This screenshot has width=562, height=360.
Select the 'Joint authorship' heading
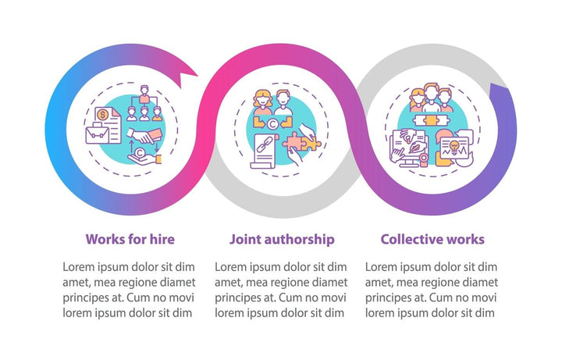(x=282, y=239)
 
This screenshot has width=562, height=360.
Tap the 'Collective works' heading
(x=432, y=239)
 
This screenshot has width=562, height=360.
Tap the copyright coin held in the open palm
(x=140, y=155)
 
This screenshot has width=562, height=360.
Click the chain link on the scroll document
(x=262, y=146)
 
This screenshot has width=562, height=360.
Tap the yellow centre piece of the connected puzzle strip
(x=429, y=122)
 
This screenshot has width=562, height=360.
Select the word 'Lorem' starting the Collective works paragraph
(x=382, y=266)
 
